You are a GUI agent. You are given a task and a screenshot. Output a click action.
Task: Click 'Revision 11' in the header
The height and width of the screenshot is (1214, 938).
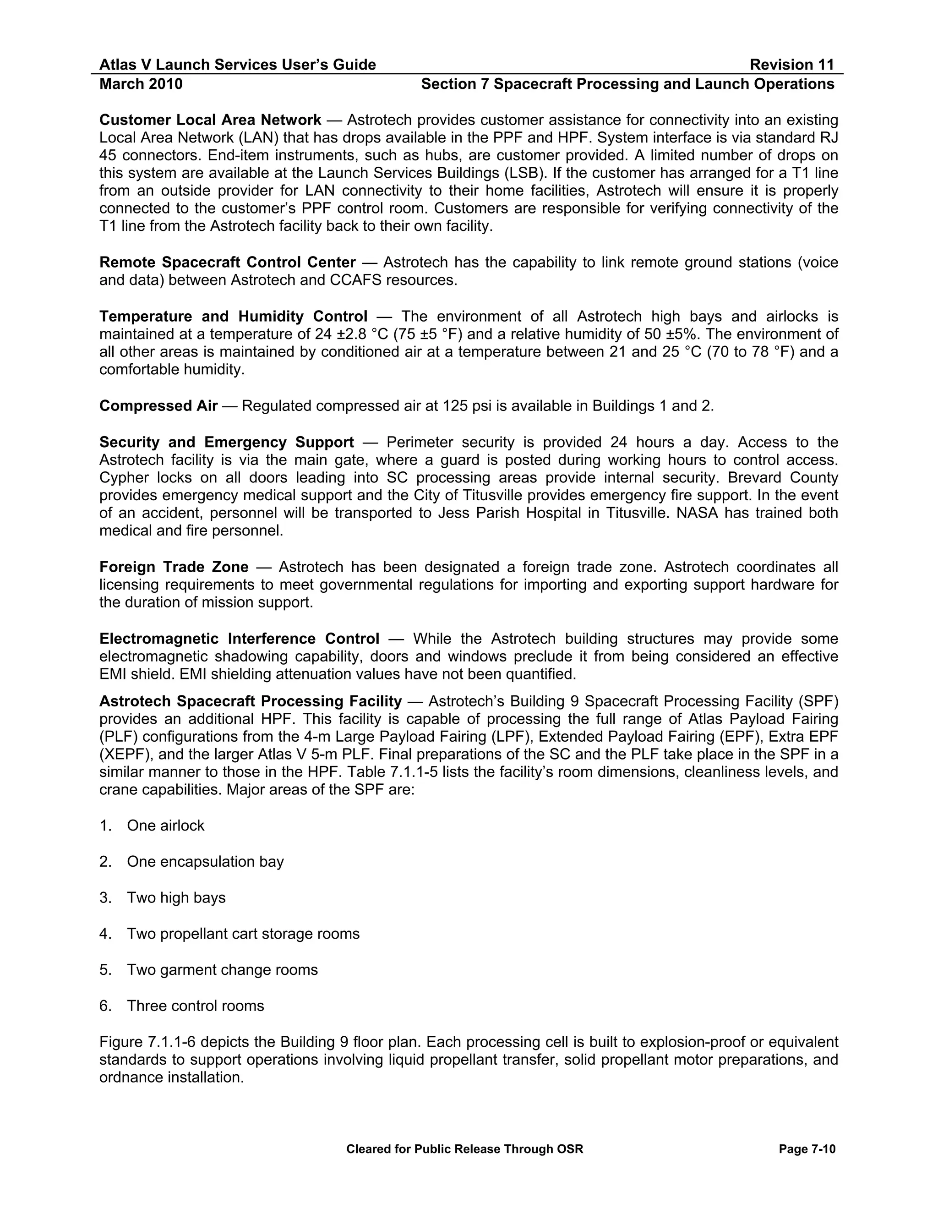(791, 65)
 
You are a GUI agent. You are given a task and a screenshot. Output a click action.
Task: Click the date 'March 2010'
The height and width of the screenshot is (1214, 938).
(141, 84)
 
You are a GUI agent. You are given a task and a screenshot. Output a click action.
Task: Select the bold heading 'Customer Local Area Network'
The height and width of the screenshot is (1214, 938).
(210, 120)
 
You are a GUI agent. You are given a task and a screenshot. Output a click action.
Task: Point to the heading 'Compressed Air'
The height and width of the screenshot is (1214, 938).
(158, 406)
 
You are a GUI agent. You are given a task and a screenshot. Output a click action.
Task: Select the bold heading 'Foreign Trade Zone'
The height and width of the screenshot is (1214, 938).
(174, 567)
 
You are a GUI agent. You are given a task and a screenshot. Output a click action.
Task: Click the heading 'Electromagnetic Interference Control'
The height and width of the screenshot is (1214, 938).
(240, 639)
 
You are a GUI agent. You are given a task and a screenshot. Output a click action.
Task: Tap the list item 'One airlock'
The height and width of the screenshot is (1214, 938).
(166, 826)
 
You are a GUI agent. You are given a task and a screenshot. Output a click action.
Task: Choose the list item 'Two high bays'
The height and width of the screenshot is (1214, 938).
(176, 898)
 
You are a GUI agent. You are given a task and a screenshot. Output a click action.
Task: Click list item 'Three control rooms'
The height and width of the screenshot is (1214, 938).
(195, 1006)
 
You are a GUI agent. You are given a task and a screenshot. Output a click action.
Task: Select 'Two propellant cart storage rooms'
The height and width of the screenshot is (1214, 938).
(243, 933)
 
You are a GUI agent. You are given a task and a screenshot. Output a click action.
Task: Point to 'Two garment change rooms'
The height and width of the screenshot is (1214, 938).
(222, 969)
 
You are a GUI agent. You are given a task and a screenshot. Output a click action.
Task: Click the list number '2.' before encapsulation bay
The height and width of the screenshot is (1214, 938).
(106, 862)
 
